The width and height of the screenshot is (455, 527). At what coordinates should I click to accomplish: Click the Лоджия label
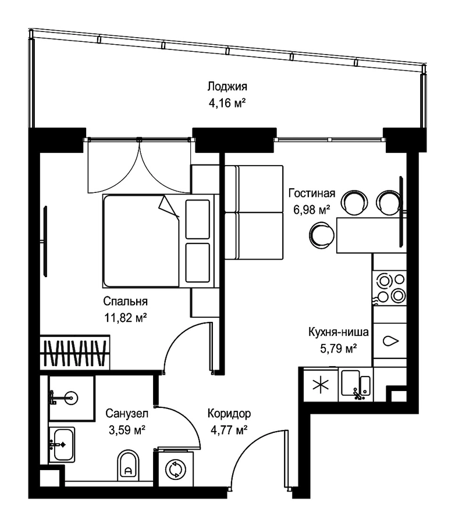click(227, 87)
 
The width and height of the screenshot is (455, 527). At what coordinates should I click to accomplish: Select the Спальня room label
click(125, 301)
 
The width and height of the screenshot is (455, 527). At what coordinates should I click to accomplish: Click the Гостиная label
click(312, 193)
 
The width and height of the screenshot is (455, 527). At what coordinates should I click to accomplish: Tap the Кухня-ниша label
click(339, 332)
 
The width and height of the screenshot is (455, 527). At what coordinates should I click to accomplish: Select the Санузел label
click(127, 413)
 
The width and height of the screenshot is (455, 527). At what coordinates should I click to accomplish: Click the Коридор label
click(229, 413)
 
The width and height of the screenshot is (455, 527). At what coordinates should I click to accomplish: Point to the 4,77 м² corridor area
click(229, 429)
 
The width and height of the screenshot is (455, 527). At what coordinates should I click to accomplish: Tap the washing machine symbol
click(176, 469)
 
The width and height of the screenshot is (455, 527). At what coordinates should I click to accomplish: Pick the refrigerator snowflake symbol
click(321, 385)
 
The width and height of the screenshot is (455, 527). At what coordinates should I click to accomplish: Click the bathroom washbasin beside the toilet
click(62, 444)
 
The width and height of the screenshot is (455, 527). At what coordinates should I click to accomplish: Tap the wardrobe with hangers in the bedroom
click(74, 352)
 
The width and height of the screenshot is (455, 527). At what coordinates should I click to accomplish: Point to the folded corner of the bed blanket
click(168, 207)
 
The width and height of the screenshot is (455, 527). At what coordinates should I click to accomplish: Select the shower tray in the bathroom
click(72, 398)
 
